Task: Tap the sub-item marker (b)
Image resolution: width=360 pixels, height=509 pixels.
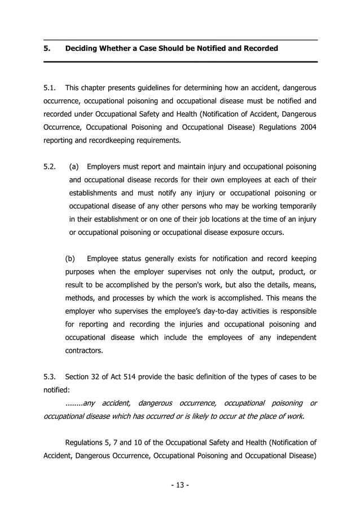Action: pyautogui.click(x=71, y=259)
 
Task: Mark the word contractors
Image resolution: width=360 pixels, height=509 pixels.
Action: pyautogui.click(x=85, y=350)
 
